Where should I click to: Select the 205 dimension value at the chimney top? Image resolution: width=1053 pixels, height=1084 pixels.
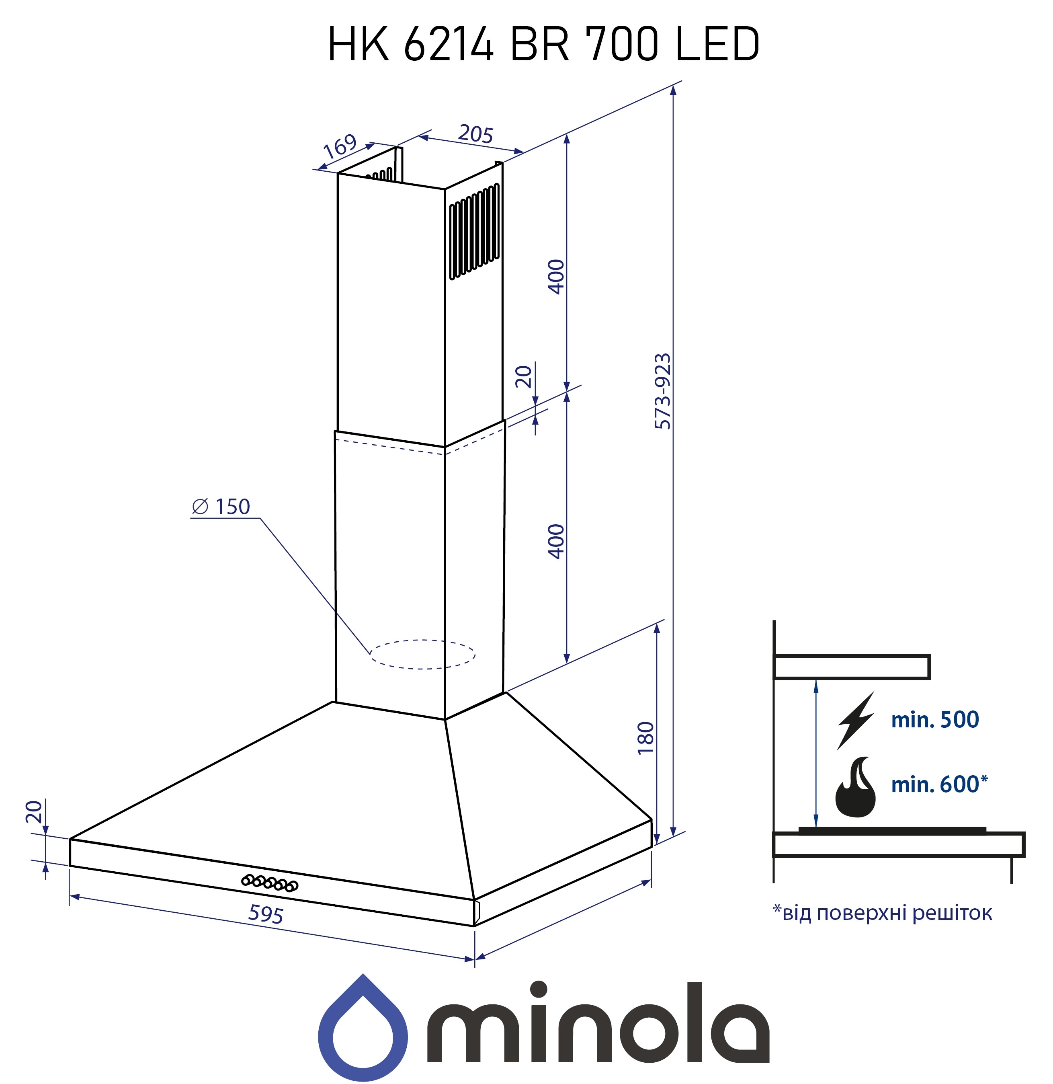click(x=475, y=134)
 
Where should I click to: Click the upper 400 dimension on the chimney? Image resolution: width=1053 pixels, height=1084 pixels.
click(x=556, y=276)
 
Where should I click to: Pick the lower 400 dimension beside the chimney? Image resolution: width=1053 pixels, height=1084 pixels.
click(x=556, y=541)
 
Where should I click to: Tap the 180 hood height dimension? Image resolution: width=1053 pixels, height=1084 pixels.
click(x=645, y=737)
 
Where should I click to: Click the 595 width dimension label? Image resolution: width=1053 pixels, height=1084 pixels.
click(x=266, y=915)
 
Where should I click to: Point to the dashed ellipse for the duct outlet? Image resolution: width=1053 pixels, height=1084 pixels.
click(x=422, y=655)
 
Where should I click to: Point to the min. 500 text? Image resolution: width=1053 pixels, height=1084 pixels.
click(x=935, y=719)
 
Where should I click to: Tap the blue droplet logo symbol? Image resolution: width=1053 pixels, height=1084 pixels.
click(x=363, y=1029)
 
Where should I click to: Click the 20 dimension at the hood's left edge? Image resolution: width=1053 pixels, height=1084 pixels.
click(x=34, y=812)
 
